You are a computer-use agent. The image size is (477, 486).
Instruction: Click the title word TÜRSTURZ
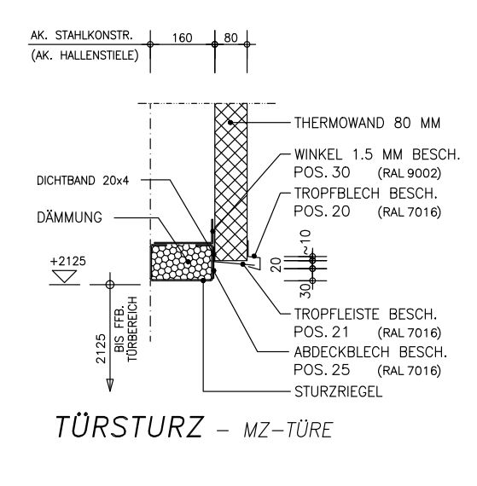[129, 426]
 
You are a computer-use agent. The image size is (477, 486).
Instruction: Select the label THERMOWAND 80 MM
[367, 123]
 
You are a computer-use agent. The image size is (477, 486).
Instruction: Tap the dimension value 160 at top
[183, 38]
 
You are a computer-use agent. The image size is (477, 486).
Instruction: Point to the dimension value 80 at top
[230, 38]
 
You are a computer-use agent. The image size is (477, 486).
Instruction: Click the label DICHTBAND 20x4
[83, 181]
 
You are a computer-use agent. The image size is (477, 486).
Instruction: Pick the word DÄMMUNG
[69, 217]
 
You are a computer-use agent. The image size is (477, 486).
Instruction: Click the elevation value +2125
[68, 261]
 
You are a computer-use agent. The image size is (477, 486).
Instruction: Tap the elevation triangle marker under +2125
[65, 276]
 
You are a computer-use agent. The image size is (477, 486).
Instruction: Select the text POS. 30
[322, 172]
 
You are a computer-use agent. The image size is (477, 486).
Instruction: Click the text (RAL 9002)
[410, 173]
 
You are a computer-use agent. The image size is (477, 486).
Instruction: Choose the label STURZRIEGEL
[339, 391]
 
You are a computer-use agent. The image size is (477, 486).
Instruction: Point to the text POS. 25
[322, 369]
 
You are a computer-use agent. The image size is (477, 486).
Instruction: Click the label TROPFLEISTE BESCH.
[366, 315]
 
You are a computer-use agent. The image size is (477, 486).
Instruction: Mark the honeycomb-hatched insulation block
[182, 262]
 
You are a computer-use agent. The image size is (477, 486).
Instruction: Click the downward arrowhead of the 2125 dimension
[110, 385]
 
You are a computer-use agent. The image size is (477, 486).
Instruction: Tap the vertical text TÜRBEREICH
[132, 329]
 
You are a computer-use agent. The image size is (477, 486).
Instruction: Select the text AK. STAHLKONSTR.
[82, 36]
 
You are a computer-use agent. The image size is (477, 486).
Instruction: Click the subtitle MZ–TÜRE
[288, 430]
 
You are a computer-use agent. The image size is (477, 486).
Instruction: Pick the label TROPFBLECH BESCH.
[366, 194]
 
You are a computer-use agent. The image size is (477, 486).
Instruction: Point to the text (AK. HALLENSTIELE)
[84, 55]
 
